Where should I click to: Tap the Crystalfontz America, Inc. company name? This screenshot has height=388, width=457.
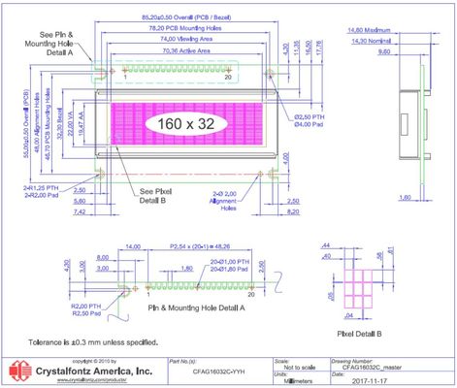(x=94, y=371)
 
